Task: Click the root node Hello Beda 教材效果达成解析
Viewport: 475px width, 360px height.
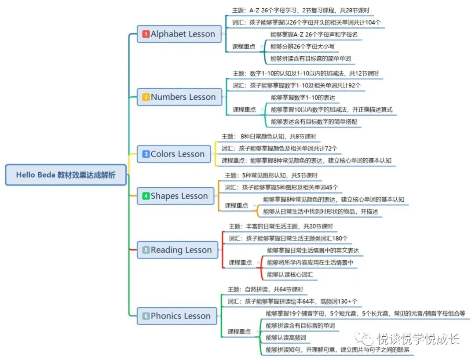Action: pyautogui.click(x=66, y=175)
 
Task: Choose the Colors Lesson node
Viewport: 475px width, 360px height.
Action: pyautogui.click(x=174, y=154)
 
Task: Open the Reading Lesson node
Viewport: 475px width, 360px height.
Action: pyautogui.click(x=178, y=250)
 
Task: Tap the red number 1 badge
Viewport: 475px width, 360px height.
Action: pyautogui.click(x=146, y=34)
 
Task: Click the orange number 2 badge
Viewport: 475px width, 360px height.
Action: pyautogui.click(x=146, y=97)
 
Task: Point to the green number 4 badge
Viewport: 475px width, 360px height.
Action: pyautogui.click(x=146, y=196)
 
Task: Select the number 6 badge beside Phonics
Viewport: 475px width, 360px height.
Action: pyautogui.click(x=146, y=316)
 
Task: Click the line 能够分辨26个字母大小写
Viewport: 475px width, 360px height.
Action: pyautogui.click(x=305, y=46)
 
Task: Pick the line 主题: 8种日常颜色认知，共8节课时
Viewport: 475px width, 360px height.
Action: pyautogui.click(x=269, y=137)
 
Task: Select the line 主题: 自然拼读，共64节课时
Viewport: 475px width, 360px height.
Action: pyautogui.click(x=265, y=289)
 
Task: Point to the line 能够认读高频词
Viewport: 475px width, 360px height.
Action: pyautogui.click(x=285, y=338)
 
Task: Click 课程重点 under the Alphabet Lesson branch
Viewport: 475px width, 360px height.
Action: pyautogui.click(x=244, y=46)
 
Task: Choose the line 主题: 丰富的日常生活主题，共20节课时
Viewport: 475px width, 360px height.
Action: pyautogui.click(x=281, y=226)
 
